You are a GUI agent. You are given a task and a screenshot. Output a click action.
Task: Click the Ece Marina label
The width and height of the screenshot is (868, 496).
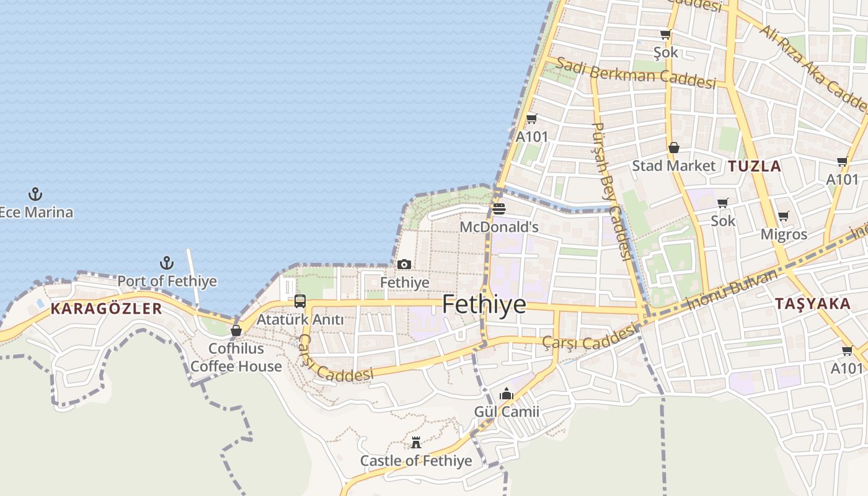(x=36, y=212)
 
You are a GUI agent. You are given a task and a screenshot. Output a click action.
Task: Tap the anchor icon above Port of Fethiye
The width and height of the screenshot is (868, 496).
(x=166, y=263)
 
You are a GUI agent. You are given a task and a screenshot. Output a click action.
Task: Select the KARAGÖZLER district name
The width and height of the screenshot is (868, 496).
(x=106, y=308)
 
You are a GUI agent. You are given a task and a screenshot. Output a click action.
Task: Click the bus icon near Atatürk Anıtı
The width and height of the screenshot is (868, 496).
(x=300, y=301)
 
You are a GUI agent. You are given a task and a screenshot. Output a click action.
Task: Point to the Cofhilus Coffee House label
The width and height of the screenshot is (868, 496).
(x=236, y=358)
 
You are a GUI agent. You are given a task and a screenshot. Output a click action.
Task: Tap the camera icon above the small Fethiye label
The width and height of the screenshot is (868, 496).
(x=404, y=265)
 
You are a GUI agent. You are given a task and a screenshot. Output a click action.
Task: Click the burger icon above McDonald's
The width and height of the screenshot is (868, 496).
(x=499, y=209)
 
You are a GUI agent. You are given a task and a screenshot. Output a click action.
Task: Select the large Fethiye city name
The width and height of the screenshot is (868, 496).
(x=484, y=304)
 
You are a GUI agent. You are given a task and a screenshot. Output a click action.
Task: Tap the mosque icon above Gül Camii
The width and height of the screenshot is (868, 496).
(x=507, y=394)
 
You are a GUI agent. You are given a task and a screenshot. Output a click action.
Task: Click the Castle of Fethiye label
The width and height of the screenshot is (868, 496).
(x=416, y=461)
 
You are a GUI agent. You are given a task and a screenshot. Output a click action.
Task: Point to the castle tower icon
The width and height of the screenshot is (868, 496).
(x=416, y=443)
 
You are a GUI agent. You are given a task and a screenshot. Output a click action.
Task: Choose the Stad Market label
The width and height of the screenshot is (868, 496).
(x=673, y=166)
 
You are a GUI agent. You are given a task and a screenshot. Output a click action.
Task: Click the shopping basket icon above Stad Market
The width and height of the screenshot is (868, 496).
(x=674, y=148)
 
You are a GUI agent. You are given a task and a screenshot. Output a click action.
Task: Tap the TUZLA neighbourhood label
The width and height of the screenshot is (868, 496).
(x=755, y=166)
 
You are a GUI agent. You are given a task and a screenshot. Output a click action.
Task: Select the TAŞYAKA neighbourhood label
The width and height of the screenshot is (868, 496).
(x=813, y=303)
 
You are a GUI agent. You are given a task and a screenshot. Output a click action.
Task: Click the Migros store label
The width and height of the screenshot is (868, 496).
(x=784, y=234)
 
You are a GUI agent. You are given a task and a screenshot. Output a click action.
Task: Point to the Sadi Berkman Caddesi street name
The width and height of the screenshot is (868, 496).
(x=636, y=73)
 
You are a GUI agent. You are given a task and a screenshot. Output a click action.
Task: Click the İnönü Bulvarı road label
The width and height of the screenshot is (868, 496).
(x=732, y=290)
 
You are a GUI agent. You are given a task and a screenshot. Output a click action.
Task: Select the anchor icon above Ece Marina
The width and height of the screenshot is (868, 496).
(x=35, y=194)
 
